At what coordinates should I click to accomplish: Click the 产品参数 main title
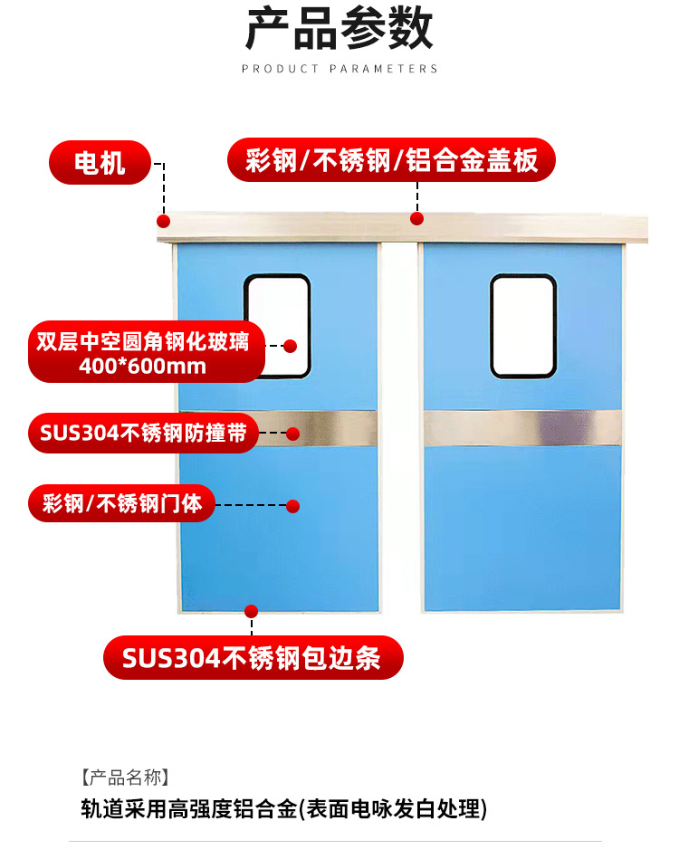pos(339,31)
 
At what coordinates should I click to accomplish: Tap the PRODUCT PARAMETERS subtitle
pos(339,69)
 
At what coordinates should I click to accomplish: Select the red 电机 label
pos(100,163)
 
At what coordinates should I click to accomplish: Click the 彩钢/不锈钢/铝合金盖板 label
pos(391,161)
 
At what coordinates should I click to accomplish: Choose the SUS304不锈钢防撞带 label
pos(142,433)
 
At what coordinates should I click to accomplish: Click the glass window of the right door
pos(523,326)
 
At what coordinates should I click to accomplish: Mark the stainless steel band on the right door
pos(522,428)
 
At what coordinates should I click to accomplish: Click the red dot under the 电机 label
pos(163,221)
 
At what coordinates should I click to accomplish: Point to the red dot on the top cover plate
pos(417,218)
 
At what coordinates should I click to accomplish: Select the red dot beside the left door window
pos(291,346)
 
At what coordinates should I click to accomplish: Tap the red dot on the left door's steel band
pos(293,434)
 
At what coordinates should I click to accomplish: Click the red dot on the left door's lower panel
pos(292,506)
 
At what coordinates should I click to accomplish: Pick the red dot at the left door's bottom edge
pos(253,611)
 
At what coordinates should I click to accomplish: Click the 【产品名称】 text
pos(124,777)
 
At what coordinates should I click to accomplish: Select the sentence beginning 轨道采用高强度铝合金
pos(283,808)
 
